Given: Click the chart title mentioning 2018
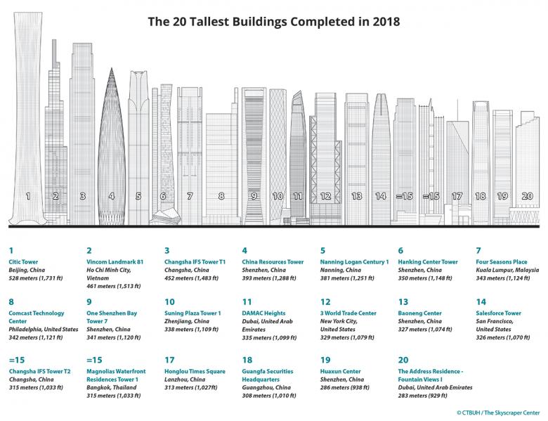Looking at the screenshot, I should tap(274, 21).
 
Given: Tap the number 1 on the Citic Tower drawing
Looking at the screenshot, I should tap(28, 197).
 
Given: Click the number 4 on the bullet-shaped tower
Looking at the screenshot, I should tap(111, 197).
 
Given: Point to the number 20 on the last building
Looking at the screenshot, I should tap(526, 197).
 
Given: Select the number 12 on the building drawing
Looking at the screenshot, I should tap(325, 197).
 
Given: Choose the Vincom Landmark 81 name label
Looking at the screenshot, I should tap(115, 261).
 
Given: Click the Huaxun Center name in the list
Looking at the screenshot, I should tap(340, 370).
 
